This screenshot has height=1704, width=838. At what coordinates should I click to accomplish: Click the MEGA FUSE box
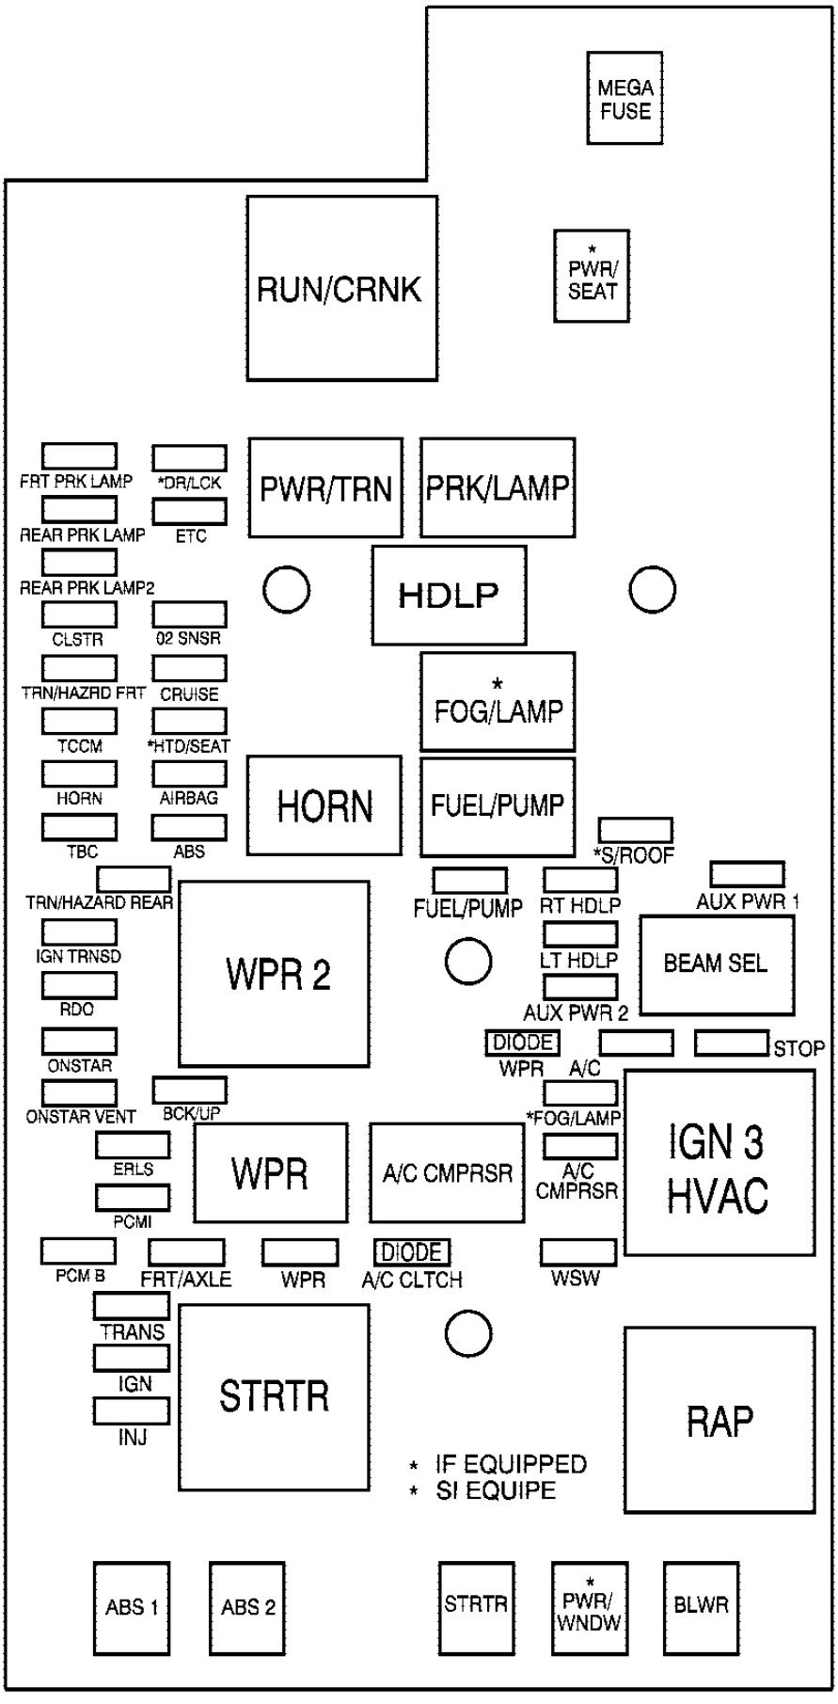tap(625, 98)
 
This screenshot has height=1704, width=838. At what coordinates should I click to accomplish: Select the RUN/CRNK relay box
tap(342, 288)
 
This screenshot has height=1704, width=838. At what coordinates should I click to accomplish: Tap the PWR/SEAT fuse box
tap(592, 277)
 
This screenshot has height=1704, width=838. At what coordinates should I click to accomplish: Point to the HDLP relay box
tap(449, 595)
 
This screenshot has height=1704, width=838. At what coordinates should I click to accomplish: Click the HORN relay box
tap(324, 805)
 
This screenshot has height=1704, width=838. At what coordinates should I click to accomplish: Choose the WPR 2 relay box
tap(274, 974)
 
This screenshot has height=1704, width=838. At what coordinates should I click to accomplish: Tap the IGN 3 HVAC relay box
tap(719, 1163)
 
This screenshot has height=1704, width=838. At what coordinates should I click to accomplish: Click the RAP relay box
tap(719, 1420)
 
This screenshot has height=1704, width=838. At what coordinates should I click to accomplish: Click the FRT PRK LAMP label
tap(76, 482)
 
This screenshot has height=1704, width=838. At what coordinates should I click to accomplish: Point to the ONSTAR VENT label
tap(81, 1117)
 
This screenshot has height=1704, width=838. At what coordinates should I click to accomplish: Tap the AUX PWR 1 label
tap(748, 901)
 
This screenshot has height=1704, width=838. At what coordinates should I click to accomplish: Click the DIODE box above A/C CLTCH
tap(413, 1252)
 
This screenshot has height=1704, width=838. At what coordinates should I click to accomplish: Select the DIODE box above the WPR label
tap(523, 1043)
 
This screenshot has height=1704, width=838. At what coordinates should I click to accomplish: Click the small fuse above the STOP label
tap(732, 1043)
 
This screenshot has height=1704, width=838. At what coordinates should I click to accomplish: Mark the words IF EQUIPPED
tap(511, 1464)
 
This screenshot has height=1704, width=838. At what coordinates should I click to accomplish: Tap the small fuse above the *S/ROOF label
tap(637, 830)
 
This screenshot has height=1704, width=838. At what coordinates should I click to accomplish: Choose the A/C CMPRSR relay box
tap(447, 1172)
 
